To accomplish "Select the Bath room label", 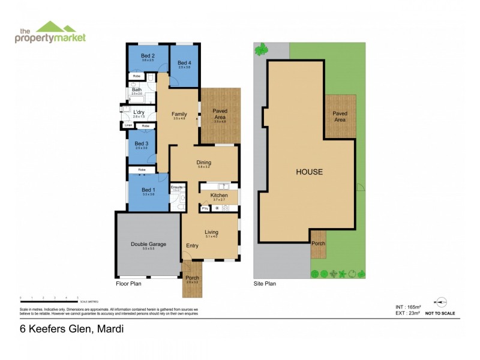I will tap(137, 90).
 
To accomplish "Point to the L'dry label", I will tap(139, 112).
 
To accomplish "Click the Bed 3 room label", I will tap(141, 144).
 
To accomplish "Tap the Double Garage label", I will tap(148, 244).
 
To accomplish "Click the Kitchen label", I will tap(218, 196).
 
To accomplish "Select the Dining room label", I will tap(204, 163).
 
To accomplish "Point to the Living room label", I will tap(211, 232).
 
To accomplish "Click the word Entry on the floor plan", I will tap(192, 245).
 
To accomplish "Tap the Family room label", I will tap(179, 114).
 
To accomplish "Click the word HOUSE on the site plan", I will tap(309, 172).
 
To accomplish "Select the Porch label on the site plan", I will tap(318, 243).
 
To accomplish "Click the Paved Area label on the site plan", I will tap(340, 116).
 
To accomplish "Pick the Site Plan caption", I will tap(265, 284).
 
